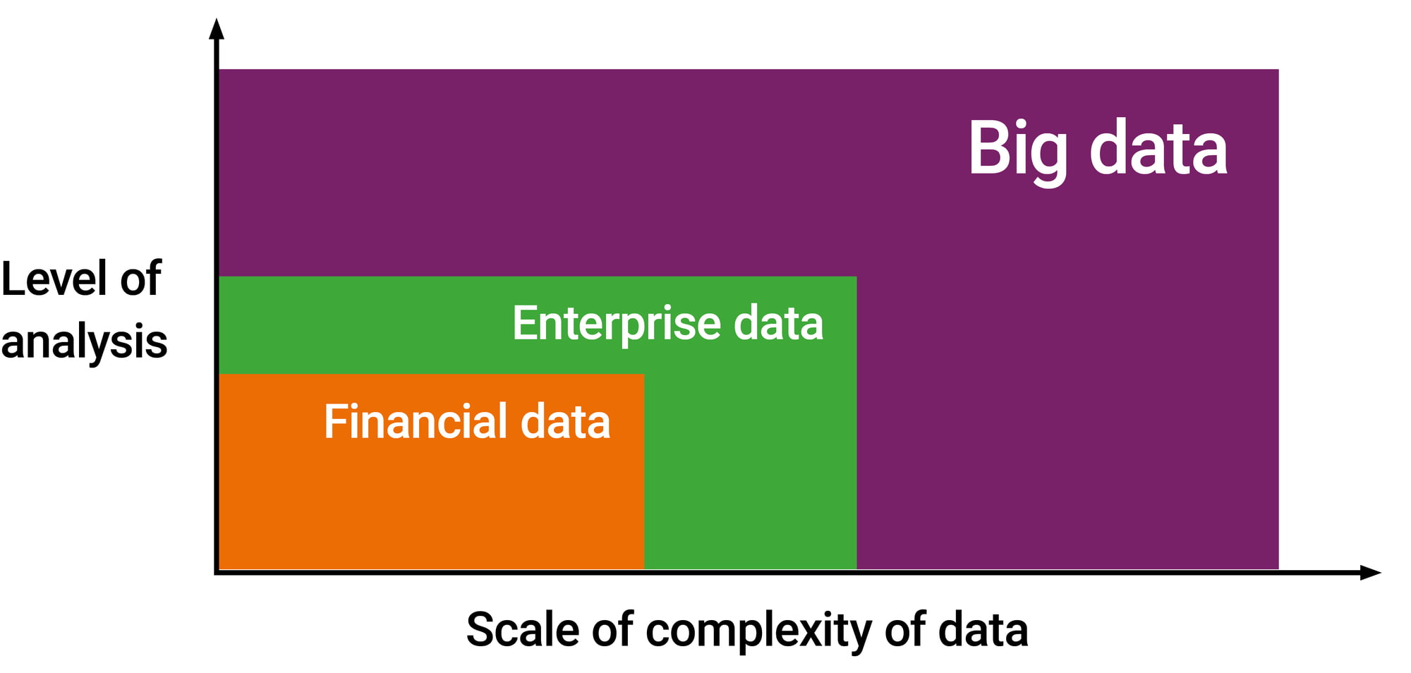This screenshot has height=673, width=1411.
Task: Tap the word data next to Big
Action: coord(1158,147)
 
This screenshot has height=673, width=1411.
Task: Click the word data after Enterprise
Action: coord(778,324)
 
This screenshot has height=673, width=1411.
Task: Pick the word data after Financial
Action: coord(565,422)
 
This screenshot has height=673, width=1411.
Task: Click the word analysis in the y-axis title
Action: coord(84,342)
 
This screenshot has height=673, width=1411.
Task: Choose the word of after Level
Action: coord(141,277)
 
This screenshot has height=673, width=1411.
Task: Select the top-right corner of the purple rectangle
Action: coord(1278,69)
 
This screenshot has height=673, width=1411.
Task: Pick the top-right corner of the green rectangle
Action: coord(856,277)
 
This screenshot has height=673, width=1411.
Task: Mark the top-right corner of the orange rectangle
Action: coord(644,374)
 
